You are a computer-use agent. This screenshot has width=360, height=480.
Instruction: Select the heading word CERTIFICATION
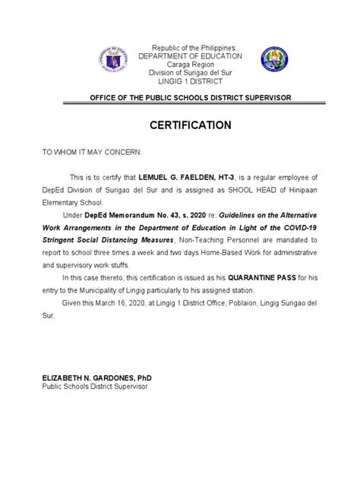179,124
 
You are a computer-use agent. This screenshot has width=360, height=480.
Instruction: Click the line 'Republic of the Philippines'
179,48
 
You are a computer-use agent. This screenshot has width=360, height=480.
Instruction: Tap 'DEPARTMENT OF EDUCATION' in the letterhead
179,56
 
